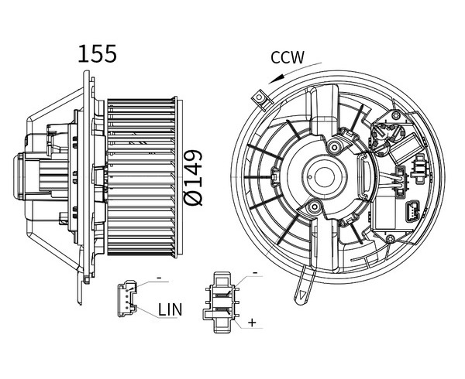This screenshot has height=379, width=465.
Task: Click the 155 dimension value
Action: pyautogui.click(x=98, y=54)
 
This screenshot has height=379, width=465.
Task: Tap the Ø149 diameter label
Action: pyautogui.click(x=193, y=178)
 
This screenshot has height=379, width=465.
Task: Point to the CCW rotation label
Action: pyautogui.click(x=288, y=57)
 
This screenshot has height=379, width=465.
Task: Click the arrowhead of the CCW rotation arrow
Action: pyautogui.click(x=275, y=79)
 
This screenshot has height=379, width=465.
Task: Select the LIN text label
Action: pyautogui.click(x=170, y=309)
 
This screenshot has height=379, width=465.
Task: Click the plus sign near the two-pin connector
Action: pyautogui.click(x=252, y=323)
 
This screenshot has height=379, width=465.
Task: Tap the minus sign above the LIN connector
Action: pyautogui.click(x=159, y=278)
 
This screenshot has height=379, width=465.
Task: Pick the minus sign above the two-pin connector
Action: pyautogui.click(x=255, y=272)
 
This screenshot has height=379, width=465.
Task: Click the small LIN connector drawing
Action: pyautogui.click(x=127, y=299)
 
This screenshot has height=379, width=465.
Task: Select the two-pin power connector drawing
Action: pyautogui.click(x=221, y=302)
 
